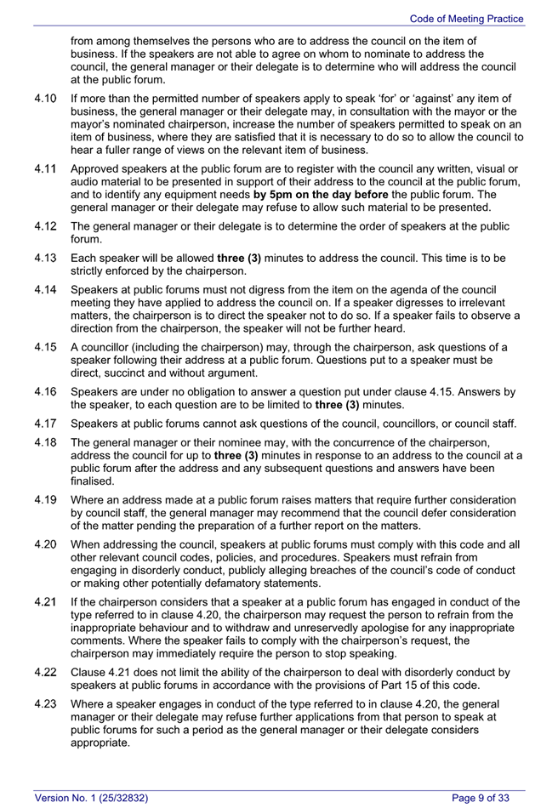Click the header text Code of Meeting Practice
[466, 19]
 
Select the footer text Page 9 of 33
[481, 797]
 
